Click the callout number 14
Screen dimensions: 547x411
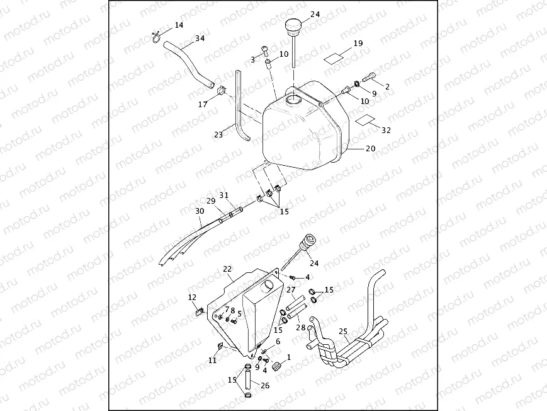[179, 25]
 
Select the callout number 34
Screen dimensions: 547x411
[200, 38]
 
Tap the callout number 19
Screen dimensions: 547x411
[358, 43]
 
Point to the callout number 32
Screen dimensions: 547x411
[386, 130]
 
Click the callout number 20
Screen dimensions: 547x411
[371, 149]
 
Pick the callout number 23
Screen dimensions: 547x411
[218, 134]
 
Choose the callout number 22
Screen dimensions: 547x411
[227, 269]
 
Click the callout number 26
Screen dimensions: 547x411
[265, 386]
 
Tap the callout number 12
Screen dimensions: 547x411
[192, 298]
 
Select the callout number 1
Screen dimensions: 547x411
[289, 357]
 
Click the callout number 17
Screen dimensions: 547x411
[203, 104]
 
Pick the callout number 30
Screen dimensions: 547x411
[200, 211]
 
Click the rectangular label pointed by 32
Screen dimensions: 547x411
[364, 120]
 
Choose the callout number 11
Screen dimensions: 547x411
[213, 361]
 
